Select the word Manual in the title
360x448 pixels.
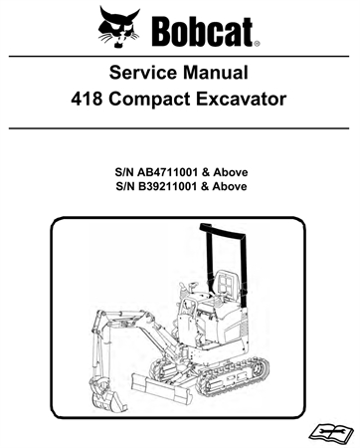coord(227,74)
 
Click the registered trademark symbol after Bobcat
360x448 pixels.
coord(257,44)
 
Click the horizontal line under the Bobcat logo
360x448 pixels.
coord(179,54)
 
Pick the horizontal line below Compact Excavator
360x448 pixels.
coord(179,128)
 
